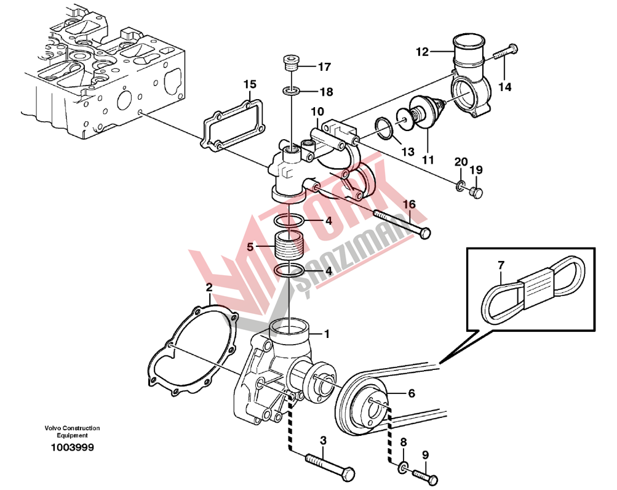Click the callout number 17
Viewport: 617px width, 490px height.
[x=324, y=66]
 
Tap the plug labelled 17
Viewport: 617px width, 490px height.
[x=291, y=64]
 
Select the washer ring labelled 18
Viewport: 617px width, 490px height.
[x=292, y=92]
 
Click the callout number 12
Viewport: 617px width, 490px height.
[x=422, y=52]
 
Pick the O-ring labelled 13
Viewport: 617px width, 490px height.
[x=384, y=129]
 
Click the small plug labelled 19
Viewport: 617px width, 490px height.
[x=476, y=193]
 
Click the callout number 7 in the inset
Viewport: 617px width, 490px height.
[x=501, y=265]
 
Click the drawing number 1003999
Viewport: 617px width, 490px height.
[x=72, y=448]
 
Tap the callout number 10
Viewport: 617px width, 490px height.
[x=317, y=111]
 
